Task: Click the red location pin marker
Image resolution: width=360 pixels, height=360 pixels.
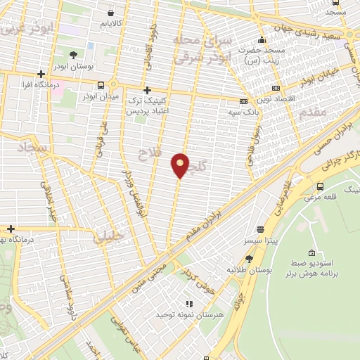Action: pyautogui.click(x=181, y=165)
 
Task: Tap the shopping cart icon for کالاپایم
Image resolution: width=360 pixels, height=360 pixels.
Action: pyautogui.click(x=111, y=12)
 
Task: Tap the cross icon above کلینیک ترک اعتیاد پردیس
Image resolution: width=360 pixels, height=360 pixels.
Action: pyautogui.click(x=147, y=90)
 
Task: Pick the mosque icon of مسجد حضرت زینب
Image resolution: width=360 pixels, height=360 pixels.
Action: pyautogui.click(x=262, y=40)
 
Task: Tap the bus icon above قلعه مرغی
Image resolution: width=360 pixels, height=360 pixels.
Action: pyautogui.click(x=320, y=187)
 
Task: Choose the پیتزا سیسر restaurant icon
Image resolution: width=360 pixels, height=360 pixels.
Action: pyautogui.click(x=261, y=229)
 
